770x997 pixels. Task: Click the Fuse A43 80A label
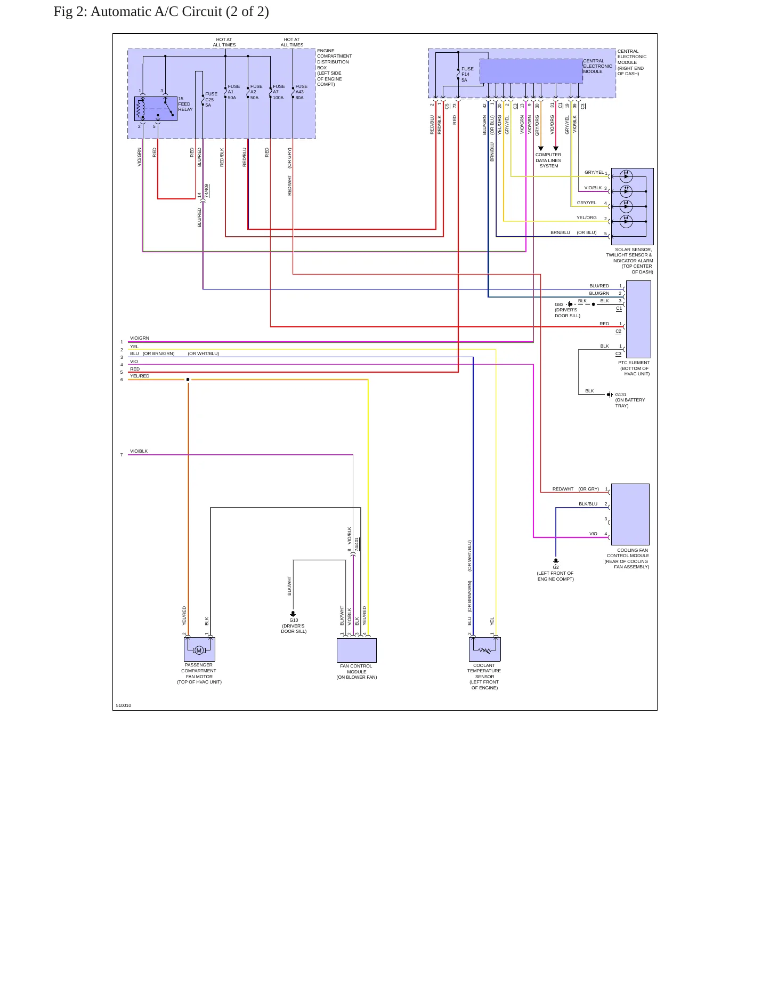[x=302, y=92]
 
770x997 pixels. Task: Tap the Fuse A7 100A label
[x=279, y=92]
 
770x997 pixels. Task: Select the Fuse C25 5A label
[x=211, y=99]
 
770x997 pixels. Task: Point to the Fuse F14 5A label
[x=467, y=74]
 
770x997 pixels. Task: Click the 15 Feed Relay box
[x=156, y=109]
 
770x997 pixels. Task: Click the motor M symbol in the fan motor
[x=199, y=650]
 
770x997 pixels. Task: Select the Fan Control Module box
[x=356, y=650]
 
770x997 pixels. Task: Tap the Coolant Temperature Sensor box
[x=485, y=649]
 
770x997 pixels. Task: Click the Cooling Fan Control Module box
[x=630, y=514]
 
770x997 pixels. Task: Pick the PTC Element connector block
[x=638, y=319]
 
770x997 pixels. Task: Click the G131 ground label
[x=621, y=395]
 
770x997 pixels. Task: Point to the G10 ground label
[x=294, y=620]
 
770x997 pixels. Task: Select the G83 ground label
[x=559, y=304]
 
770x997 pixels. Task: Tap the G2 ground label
[x=556, y=567]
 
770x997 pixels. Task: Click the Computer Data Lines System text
[x=548, y=160]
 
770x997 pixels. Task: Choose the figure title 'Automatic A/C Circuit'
[x=156, y=12]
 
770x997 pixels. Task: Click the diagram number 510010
[x=124, y=705]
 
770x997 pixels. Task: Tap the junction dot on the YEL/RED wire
[x=188, y=380]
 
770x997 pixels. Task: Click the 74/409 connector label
[x=207, y=191]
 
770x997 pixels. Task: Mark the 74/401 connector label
[x=357, y=544]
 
